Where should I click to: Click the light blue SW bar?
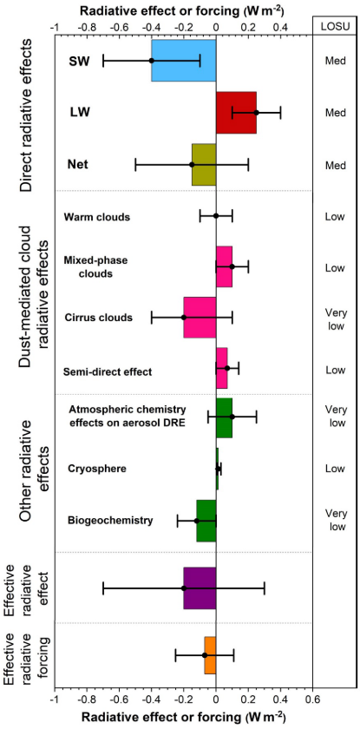(x=184, y=61)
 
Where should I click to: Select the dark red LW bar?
(x=236, y=113)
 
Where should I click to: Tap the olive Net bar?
(x=204, y=165)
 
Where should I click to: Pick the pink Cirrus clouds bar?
(x=200, y=318)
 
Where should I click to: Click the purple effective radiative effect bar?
(x=200, y=588)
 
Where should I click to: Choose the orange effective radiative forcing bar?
(x=210, y=655)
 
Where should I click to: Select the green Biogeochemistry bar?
(x=206, y=521)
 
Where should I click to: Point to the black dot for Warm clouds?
(x=216, y=216)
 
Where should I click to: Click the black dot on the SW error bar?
(x=152, y=61)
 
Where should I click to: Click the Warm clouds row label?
(x=96, y=217)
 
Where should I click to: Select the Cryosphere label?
(x=96, y=469)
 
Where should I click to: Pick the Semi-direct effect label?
(x=108, y=372)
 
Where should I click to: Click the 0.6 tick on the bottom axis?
(x=312, y=696)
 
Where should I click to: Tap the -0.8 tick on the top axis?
(x=87, y=26)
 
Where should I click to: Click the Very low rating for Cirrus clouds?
(x=335, y=319)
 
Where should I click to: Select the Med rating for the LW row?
(x=335, y=113)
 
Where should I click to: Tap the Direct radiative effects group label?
(x=28, y=115)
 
